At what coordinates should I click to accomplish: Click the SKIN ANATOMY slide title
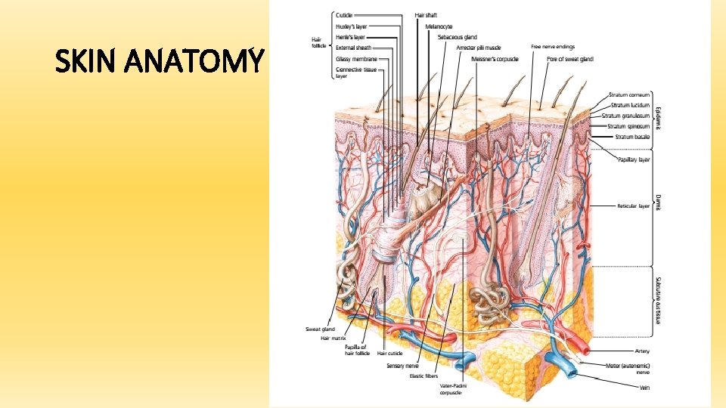click(160, 61)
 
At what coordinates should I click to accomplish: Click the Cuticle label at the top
click(344, 15)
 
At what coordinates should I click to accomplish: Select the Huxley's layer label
click(352, 26)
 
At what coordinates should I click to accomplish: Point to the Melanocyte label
click(439, 26)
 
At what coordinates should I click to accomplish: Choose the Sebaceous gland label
click(453, 36)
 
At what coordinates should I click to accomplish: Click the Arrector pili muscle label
click(479, 47)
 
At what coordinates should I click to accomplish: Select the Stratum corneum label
click(629, 94)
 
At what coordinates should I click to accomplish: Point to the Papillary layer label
click(634, 159)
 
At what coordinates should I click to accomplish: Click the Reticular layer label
click(633, 206)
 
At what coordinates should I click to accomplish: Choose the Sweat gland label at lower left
click(319, 329)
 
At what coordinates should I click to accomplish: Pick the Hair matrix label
click(334, 338)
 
